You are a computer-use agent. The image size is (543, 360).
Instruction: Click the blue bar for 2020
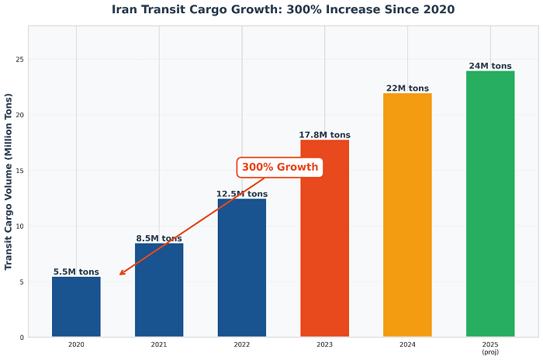(x=76, y=306)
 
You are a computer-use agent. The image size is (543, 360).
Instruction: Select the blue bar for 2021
(x=159, y=290)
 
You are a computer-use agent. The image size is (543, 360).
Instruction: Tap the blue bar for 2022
(x=242, y=268)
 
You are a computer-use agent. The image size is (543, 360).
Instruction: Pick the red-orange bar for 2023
(x=324, y=238)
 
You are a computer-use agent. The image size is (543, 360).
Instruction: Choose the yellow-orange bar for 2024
(x=407, y=215)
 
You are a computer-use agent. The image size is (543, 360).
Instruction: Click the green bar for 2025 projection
(x=490, y=204)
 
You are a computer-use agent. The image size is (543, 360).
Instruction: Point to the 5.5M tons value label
(x=76, y=272)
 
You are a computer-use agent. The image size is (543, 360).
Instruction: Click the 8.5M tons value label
(x=159, y=239)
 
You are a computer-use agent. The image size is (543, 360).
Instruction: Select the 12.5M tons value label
(x=242, y=194)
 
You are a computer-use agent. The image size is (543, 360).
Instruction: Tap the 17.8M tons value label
(x=324, y=135)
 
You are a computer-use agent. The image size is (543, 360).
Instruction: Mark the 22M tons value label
(x=407, y=88)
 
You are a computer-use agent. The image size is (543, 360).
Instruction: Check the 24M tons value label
(x=490, y=67)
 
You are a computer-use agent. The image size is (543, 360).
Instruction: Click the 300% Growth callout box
(x=279, y=167)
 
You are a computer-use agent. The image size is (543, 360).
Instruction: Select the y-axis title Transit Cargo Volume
(x=9, y=181)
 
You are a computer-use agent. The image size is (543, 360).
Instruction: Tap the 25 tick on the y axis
(x=20, y=60)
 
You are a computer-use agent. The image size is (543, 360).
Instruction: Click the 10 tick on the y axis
(x=20, y=227)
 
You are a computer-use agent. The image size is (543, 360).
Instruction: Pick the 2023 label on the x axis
(x=324, y=344)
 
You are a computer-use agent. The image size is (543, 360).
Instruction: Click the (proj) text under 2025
(x=490, y=351)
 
